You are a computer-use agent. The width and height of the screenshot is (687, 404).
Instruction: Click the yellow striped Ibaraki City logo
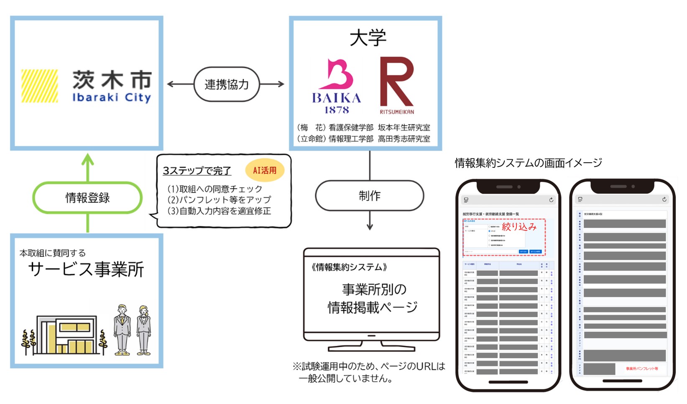click(x=40, y=86)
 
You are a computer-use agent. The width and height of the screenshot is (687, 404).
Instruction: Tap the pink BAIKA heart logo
click(x=337, y=75)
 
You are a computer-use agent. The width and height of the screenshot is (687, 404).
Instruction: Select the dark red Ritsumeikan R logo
click(x=396, y=82)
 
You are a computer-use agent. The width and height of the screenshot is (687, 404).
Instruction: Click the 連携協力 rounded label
click(x=227, y=84)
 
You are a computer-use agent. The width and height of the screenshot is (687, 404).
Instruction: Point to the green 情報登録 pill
click(x=87, y=198)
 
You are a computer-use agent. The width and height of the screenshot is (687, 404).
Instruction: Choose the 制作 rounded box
click(x=370, y=196)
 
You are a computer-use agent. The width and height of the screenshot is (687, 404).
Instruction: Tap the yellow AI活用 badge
click(x=265, y=170)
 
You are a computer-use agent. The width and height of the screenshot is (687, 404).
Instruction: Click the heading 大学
click(x=368, y=38)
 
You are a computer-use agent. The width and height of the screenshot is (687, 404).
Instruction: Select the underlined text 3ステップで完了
click(x=197, y=171)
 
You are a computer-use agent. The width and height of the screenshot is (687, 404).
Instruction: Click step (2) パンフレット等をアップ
click(x=219, y=200)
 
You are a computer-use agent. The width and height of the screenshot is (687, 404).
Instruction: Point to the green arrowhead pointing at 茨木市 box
click(x=87, y=160)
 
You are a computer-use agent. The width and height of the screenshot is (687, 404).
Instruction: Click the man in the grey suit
click(x=122, y=330)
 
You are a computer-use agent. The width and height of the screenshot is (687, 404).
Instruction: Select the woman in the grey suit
click(x=143, y=330)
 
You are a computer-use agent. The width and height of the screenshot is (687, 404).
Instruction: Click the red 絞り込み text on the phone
click(x=519, y=227)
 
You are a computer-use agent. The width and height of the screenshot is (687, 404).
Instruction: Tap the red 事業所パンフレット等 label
click(x=641, y=368)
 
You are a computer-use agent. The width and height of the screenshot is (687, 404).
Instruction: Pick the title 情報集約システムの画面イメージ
click(x=529, y=163)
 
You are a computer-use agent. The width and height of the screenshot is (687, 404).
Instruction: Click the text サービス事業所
click(x=86, y=269)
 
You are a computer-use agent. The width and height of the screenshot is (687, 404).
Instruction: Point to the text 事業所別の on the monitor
click(x=374, y=289)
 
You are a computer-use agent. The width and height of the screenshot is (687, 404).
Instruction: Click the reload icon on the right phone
click(x=664, y=199)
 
